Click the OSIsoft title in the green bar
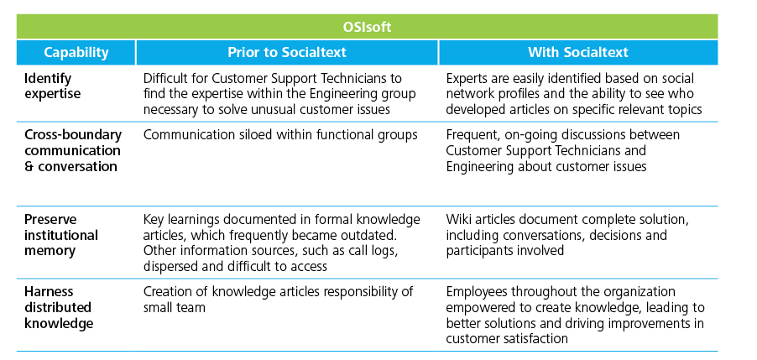point(367,27)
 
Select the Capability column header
point(76,52)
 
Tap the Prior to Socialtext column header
point(287,52)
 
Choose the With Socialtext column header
point(578,52)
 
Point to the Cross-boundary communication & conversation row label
point(73,150)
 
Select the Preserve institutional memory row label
point(60,235)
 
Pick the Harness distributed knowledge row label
point(59,307)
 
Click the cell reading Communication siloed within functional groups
point(280,134)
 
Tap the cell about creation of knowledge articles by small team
point(278,300)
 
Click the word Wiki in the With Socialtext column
point(458,220)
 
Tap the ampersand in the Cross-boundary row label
point(29,166)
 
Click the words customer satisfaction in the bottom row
point(507,338)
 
